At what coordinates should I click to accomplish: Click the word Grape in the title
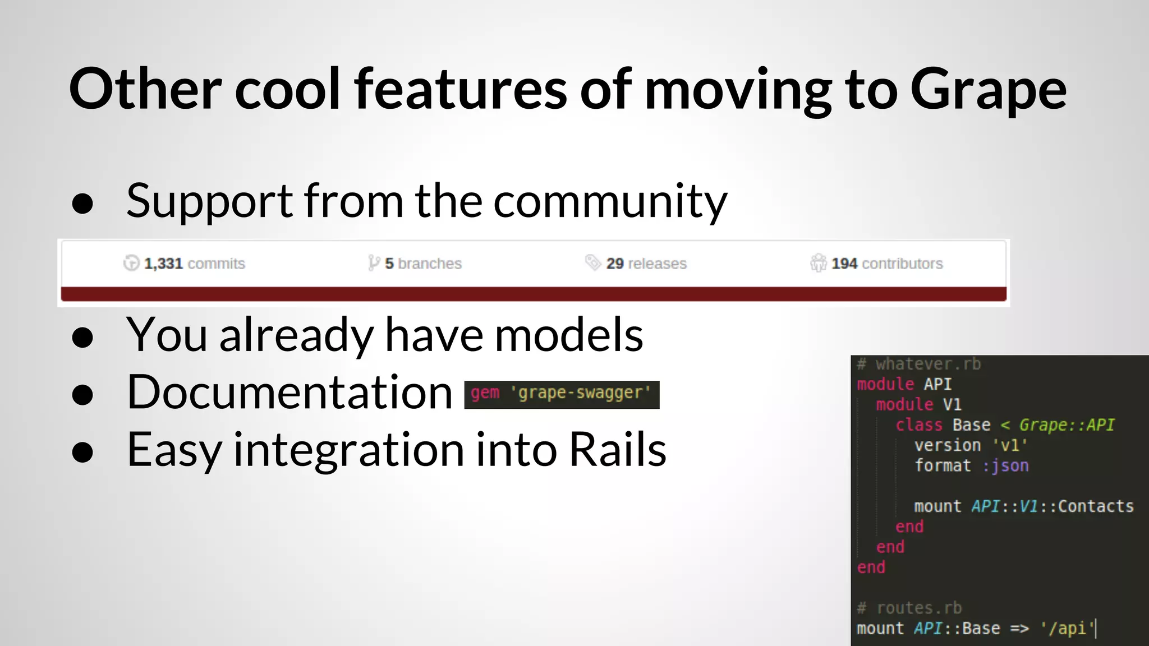coord(987,90)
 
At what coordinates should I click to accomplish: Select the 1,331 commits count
coord(194,264)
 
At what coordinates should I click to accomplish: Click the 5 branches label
coord(422,264)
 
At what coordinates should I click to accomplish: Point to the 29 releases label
coord(646,264)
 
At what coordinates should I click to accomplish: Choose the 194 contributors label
coord(886,264)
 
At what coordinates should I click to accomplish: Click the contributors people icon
coord(818,262)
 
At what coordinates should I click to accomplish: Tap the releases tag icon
coord(592,262)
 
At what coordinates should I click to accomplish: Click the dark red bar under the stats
coord(533,294)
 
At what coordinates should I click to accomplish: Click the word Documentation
coord(289,393)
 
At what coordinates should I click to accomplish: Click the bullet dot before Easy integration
coord(82,452)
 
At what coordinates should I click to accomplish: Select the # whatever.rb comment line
coord(919,364)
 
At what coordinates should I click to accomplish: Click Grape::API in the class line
coord(1066,425)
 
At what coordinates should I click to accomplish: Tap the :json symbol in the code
coord(1005,466)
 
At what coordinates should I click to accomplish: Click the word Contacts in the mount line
coord(1096,506)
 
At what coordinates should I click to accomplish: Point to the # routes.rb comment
coord(909,608)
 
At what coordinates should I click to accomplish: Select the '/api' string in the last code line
coord(1068,629)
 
